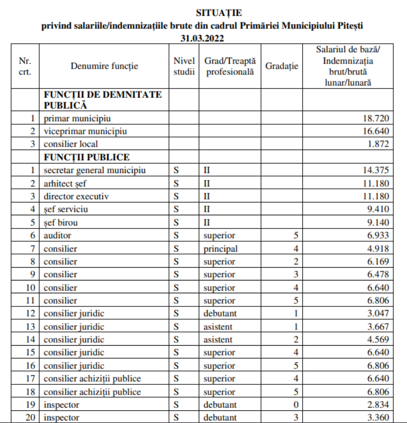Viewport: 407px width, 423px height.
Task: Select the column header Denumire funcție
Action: (104, 66)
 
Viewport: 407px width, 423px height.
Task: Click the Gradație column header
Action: (282, 66)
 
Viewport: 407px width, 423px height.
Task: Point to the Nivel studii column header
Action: (184, 66)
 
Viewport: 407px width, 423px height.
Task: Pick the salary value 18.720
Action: (376, 119)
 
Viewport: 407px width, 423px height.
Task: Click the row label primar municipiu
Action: (77, 119)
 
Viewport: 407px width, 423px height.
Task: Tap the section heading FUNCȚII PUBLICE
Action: (86, 157)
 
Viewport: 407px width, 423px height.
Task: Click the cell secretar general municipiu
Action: (95, 170)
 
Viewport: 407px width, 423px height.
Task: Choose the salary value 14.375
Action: (376, 170)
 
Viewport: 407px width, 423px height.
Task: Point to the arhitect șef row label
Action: (66, 183)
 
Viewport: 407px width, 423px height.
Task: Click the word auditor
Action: (57, 236)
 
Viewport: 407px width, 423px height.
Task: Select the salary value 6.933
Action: (379, 236)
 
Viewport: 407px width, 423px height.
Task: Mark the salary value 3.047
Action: (379, 313)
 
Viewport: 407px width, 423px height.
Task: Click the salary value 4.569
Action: (379, 340)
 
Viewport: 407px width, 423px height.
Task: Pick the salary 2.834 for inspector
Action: (379, 405)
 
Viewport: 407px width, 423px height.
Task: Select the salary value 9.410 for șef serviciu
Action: (379, 209)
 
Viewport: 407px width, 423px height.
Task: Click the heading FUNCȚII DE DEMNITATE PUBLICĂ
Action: (102, 100)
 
